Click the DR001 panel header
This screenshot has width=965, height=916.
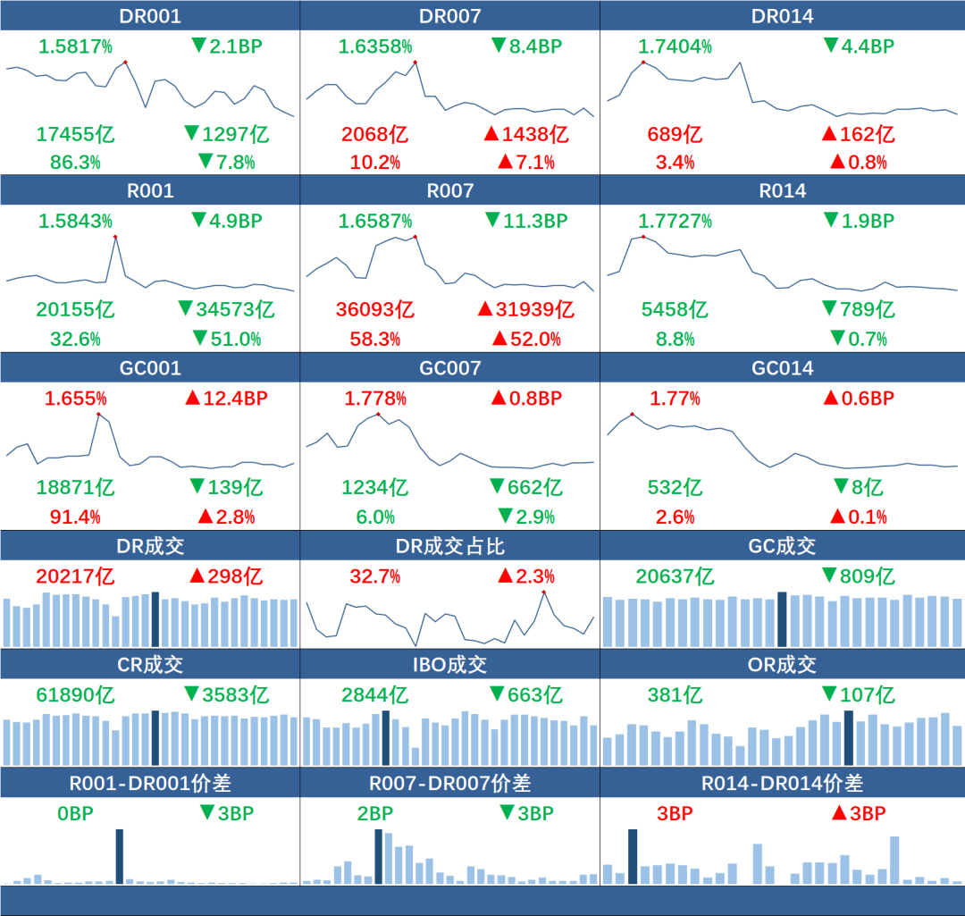click(x=149, y=16)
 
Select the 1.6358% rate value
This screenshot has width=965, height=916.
click(x=374, y=46)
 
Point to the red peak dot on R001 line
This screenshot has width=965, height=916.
click(x=115, y=236)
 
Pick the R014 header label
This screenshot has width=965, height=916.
click(x=782, y=190)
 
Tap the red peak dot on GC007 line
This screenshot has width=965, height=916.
click(x=378, y=414)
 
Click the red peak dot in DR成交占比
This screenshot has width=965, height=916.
click(x=543, y=592)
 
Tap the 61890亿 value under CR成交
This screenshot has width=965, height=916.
click(x=75, y=694)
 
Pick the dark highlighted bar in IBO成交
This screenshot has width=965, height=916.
click(x=385, y=738)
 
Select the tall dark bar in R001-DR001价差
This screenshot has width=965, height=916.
click(x=120, y=856)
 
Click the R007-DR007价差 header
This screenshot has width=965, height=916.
click(x=449, y=784)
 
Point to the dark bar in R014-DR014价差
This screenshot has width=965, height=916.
click(x=633, y=856)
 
